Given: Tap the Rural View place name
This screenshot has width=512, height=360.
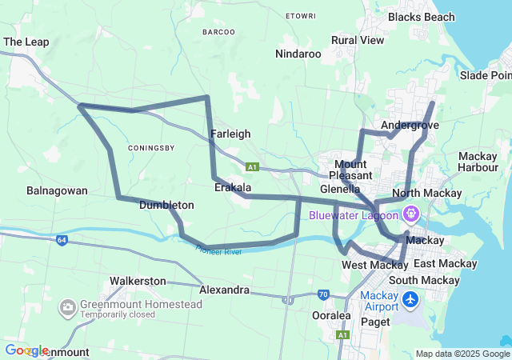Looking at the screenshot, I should (358, 40).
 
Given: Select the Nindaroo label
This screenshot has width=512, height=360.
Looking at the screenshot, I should (298, 54).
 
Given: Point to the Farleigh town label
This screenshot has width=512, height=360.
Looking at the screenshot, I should (230, 134).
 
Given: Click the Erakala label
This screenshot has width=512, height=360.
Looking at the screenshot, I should (233, 187).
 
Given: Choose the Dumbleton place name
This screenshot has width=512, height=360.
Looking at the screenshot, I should (166, 206).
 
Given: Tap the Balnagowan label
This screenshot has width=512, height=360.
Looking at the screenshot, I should (57, 191).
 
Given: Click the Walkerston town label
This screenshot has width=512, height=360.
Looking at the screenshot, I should (138, 282).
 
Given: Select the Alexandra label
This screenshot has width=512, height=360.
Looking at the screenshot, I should (225, 290).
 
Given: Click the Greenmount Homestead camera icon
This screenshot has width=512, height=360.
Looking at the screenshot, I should (67, 306).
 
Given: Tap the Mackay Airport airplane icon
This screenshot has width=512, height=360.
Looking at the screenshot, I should (411, 300).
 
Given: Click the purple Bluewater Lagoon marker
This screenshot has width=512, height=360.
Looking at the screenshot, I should (411, 214).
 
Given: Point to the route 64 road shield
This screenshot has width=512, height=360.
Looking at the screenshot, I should (62, 239).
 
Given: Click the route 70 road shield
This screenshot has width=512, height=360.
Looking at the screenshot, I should (323, 294).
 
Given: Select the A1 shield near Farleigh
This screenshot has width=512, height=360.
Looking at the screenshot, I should (253, 167).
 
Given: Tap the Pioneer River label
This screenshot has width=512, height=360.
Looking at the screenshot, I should (218, 252).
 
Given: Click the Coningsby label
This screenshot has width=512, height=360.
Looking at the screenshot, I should (151, 147).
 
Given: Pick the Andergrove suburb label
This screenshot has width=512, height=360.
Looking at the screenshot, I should (410, 126).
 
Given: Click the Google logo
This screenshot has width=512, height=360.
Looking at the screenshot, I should (26, 350).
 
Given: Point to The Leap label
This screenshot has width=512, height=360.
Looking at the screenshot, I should (26, 42).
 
